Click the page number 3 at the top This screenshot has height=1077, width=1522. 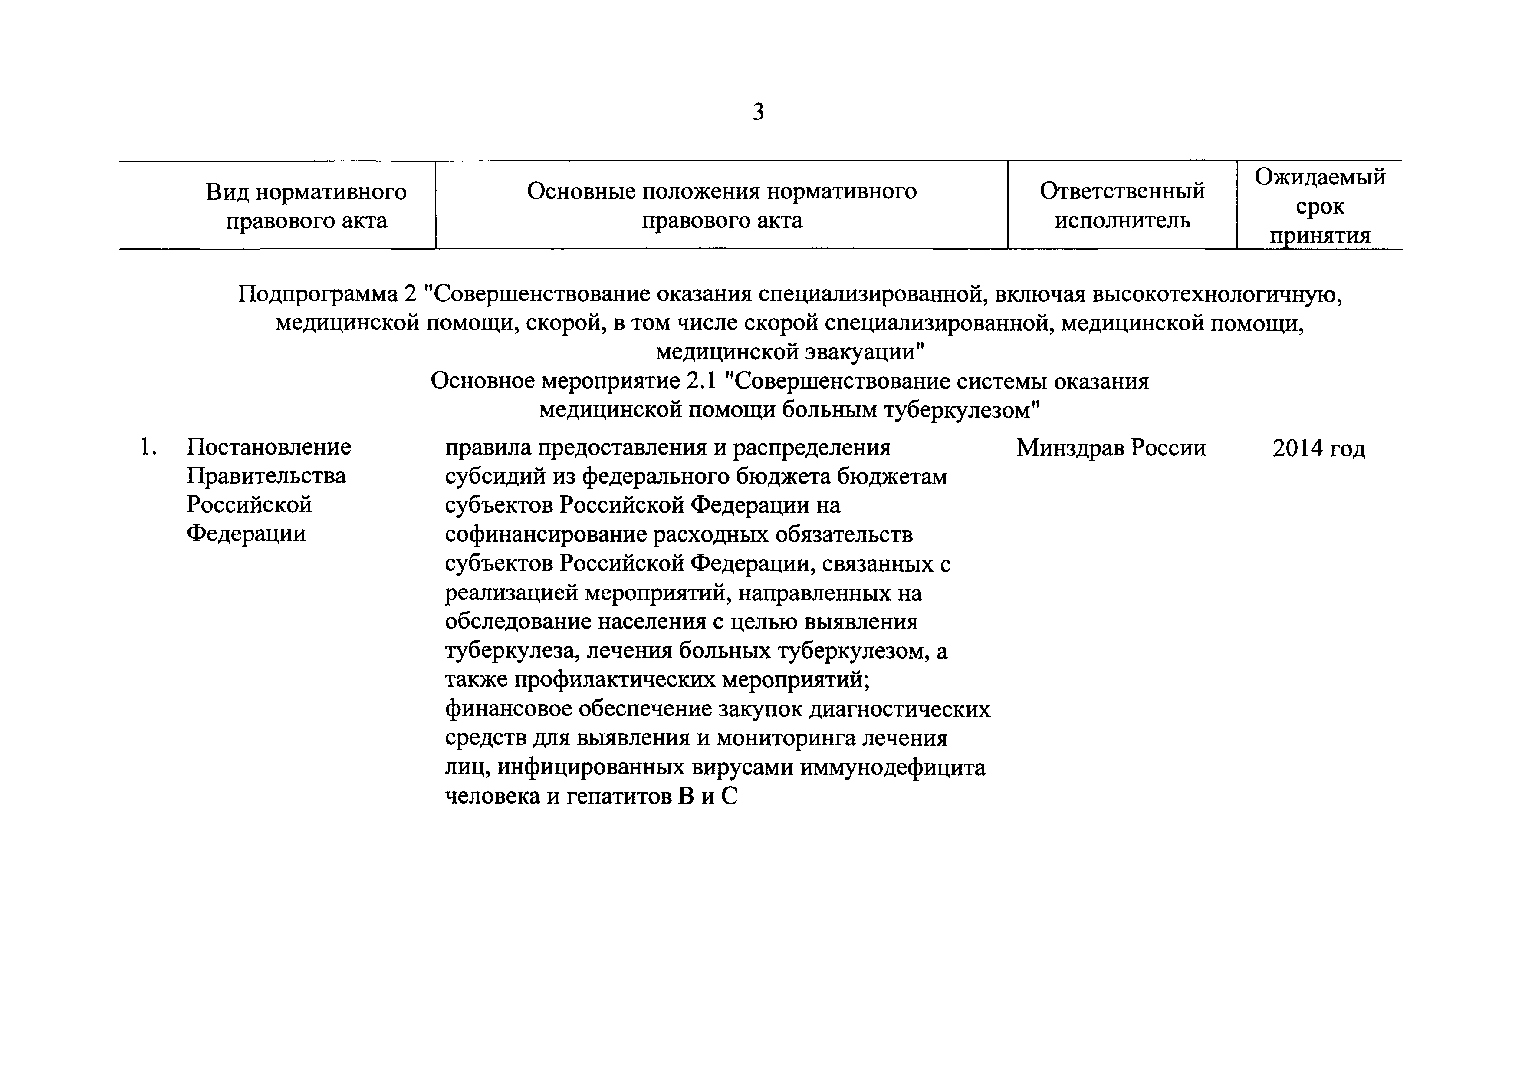click(758, 112)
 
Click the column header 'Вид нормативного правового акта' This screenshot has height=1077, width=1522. click(306, 206)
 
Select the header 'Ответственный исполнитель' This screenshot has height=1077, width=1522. click(1121, 206)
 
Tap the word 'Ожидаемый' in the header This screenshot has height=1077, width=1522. click(1320, 177)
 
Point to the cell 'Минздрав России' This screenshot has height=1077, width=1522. click(1111, 448)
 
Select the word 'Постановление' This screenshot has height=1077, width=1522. click(269, 447)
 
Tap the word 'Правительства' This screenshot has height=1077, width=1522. click(266, 476)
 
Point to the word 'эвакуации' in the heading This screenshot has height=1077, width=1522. click(848, 352)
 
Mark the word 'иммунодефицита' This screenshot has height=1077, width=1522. click(893, 768)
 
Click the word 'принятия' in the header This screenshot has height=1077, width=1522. click(1320, 235)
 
